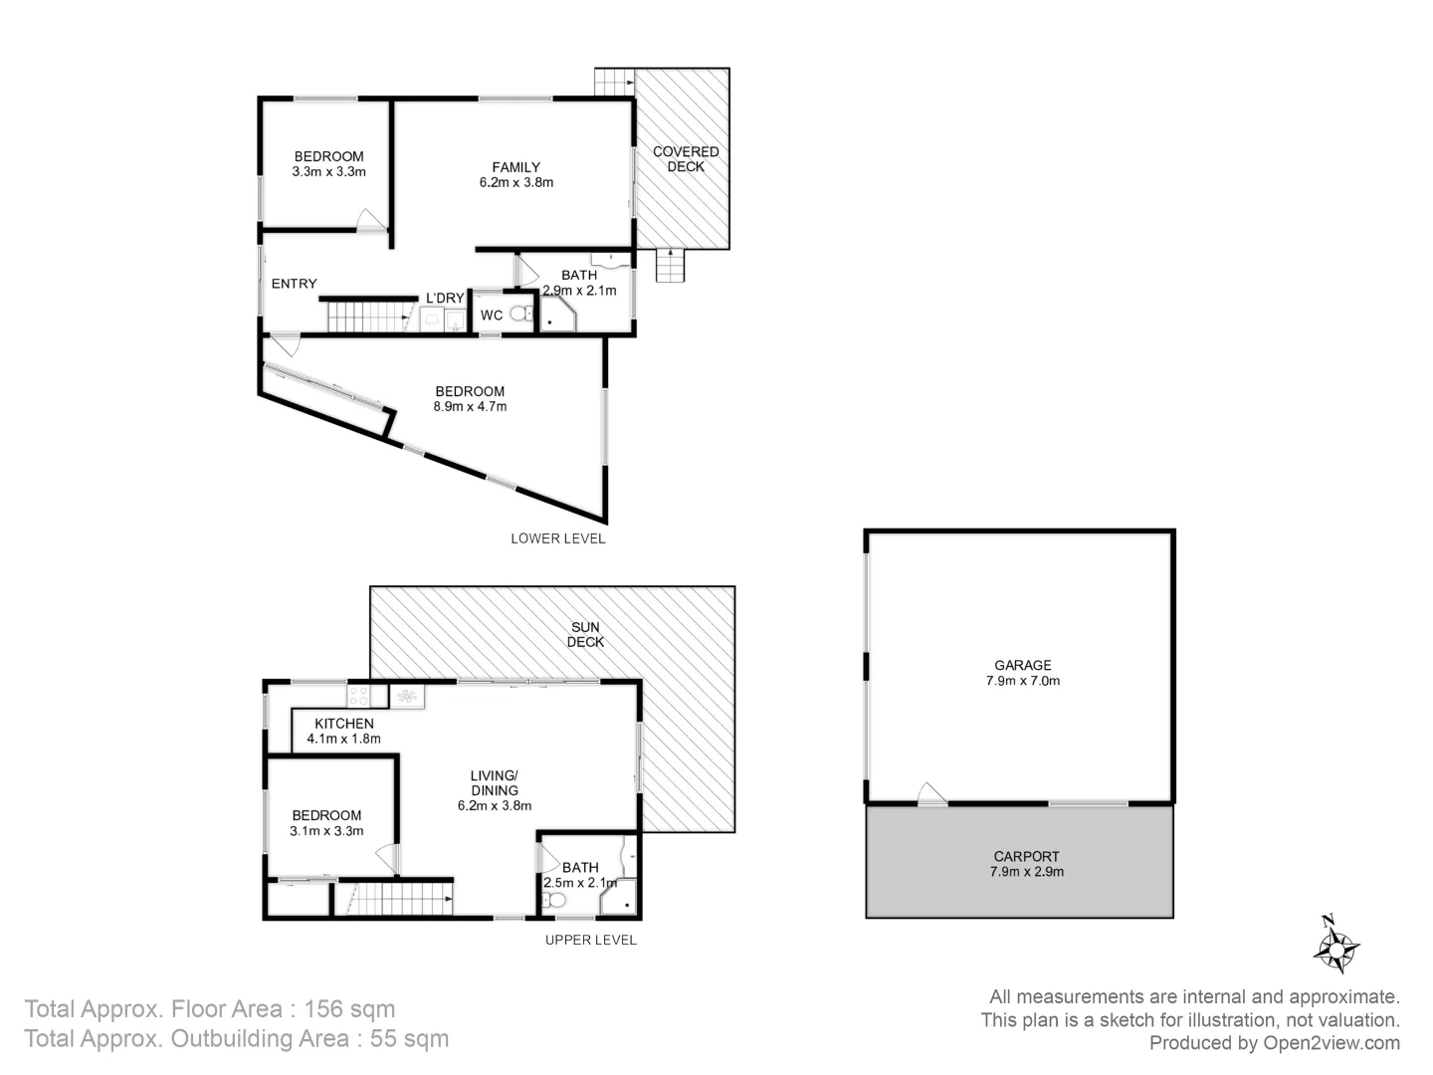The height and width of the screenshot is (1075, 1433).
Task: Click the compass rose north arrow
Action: (x=1335, y=945)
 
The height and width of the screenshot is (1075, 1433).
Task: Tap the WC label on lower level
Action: (x=492, y=316)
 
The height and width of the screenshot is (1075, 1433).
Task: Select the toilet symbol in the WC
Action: (x=519, y=315)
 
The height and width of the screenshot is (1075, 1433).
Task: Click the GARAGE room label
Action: (x=1022, y=665)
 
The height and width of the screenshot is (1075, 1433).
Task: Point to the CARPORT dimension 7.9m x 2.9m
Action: (x=1027, y=872)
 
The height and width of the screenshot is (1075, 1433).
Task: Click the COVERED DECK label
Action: (x=686, y=159)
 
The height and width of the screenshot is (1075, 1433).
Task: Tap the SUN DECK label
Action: (x=585, y=634)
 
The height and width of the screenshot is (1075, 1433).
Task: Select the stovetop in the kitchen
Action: (x=358, y=695)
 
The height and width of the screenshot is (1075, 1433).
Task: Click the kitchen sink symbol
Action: (x=406, y=695)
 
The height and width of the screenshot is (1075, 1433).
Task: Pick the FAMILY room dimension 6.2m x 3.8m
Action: (x=515, y=182)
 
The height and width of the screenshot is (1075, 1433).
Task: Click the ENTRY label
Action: (x=295, y=284)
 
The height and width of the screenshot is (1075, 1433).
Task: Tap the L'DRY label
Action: (x=445, y=298)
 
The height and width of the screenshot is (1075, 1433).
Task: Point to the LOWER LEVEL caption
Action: (x=557, y=538)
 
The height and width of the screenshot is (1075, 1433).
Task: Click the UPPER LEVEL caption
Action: (x=590, y=940)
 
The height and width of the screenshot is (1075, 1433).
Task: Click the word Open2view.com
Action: (x=1331, y=1043)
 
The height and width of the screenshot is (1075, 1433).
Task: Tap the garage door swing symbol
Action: (x=931, y=793)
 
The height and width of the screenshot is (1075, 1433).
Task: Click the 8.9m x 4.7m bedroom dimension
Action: (x=470, y=406)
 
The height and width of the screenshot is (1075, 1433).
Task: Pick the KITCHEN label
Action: (x=344, y=724)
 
